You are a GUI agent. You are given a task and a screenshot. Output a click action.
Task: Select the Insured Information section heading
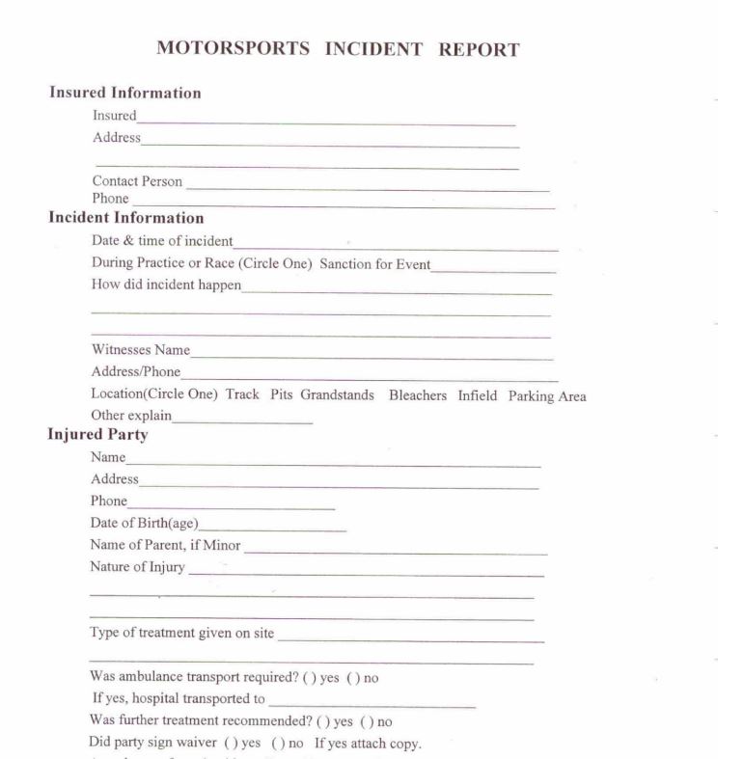125,94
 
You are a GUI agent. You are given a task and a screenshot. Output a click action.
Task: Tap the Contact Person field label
137,181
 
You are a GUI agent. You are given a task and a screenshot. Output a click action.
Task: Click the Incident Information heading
126,218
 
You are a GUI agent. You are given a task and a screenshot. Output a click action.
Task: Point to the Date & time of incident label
162,241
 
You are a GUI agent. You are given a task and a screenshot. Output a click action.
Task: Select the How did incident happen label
166,285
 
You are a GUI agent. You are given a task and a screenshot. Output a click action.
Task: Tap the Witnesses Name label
141,350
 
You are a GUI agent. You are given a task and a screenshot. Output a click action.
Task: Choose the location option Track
242,395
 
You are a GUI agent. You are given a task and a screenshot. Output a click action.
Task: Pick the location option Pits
280,395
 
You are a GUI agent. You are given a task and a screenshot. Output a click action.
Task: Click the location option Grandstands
337,395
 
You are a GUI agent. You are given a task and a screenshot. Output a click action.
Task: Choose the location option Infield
479,395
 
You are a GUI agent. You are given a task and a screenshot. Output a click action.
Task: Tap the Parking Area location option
547,395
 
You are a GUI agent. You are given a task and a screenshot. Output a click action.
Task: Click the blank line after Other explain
242,420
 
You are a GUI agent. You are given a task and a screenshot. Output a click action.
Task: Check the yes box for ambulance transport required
309,677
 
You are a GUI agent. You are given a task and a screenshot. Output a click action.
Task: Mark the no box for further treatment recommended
366,721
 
